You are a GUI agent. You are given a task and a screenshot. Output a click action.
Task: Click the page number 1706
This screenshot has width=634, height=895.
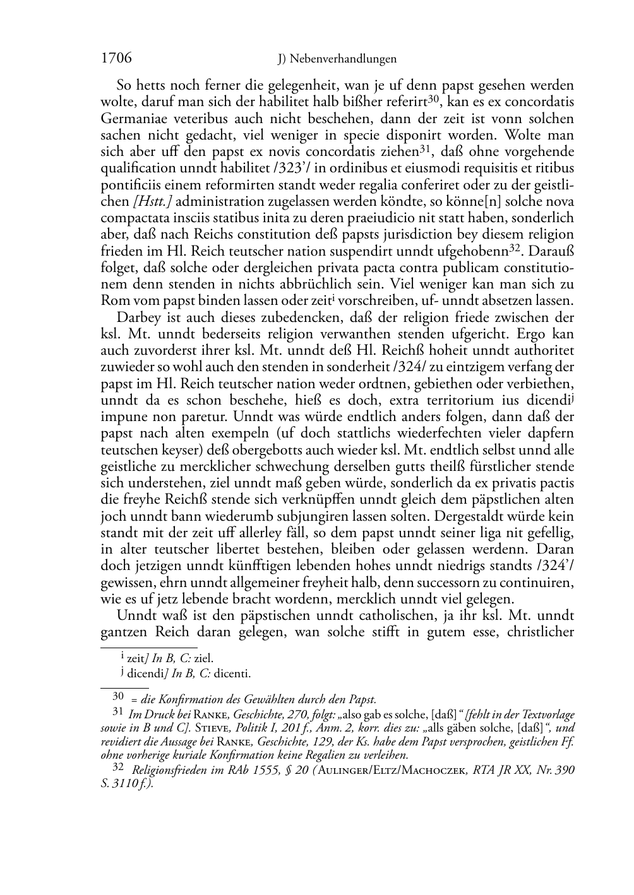click(x=116, y=59)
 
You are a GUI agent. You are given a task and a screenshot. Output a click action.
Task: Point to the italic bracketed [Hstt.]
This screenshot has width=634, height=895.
click(x=152, y=201)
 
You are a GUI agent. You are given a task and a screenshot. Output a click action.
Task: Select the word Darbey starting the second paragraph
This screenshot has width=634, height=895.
click(x=138, y=317)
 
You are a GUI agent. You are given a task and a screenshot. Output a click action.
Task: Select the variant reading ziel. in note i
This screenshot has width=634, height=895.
click(x=203, y=658)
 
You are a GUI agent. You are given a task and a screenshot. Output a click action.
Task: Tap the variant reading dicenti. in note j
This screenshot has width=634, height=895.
click(x=232, y=673)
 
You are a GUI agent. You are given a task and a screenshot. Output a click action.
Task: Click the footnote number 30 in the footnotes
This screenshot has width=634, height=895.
click(x=117, y=697)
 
